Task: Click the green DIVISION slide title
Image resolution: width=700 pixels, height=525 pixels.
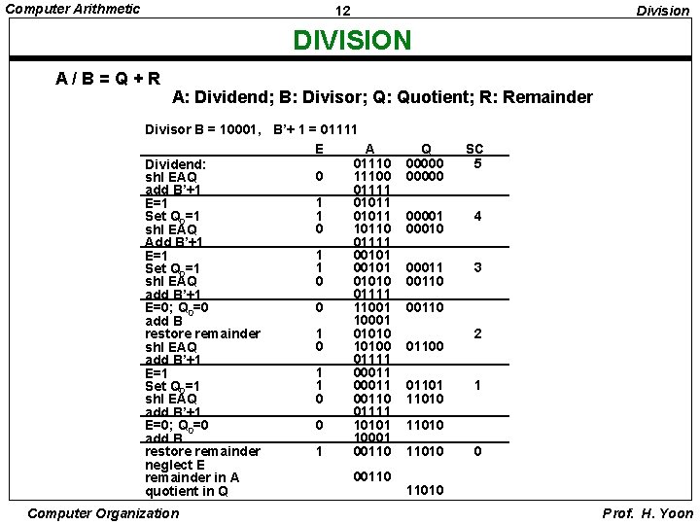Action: (353, 41)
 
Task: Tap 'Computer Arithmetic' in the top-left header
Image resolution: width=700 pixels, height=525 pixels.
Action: (73, 9)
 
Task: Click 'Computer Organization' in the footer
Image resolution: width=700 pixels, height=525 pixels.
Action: (104, 512)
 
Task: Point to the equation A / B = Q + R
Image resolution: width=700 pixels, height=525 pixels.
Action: (109, 77)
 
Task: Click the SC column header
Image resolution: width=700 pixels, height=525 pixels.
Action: (474, 149)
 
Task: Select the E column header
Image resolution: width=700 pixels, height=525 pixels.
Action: (318, 149)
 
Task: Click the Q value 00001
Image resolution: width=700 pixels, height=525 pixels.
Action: (425, 215)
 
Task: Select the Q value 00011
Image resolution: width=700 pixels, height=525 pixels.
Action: (425, 267)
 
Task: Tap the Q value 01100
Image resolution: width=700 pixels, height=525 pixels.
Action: (425, 346)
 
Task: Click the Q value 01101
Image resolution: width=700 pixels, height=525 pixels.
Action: (425, 386)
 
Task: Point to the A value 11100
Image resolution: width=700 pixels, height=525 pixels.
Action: (372, 176)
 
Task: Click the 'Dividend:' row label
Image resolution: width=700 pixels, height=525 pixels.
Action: (175, 163)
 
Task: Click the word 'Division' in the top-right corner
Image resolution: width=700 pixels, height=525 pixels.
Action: (662, 11)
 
